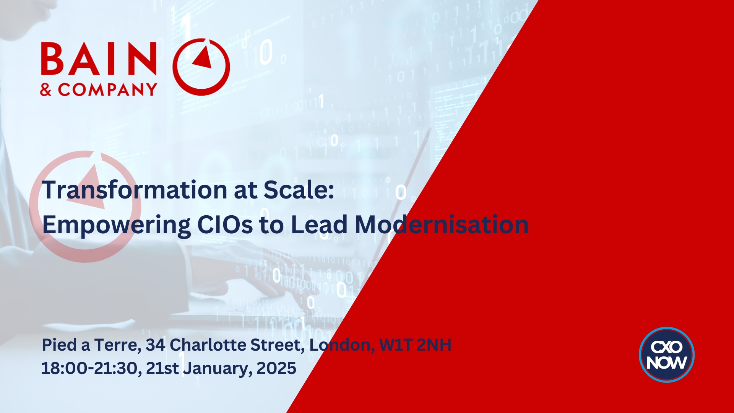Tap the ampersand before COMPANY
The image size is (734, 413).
[x=46, y=90]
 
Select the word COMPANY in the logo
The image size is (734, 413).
[x=107, y=90]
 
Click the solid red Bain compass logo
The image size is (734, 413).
[x=201, y=67]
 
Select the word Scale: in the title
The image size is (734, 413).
[x=299, y=190]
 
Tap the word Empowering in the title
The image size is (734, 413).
[x=116, y=225]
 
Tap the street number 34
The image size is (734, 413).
[x=156, y=345]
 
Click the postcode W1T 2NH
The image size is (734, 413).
[x=415, y=345]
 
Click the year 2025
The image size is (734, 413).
[x=276, y=368]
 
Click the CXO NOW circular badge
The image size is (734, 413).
[x=667, y=354]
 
